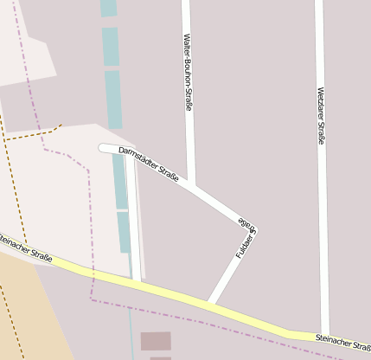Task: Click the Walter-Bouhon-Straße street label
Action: click(x=187, y=73)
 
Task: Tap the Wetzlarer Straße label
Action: click(x=320, y=116)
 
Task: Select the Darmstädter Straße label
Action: click(x=148, y=164)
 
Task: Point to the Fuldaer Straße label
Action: click(x=246, y=240)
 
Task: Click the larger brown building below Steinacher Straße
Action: click(x=156, y=341)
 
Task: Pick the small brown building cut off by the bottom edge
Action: click(x=160, y=357)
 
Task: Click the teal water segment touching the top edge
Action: click(x=108, y=8)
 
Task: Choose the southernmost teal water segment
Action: click(x=125, y=232)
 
